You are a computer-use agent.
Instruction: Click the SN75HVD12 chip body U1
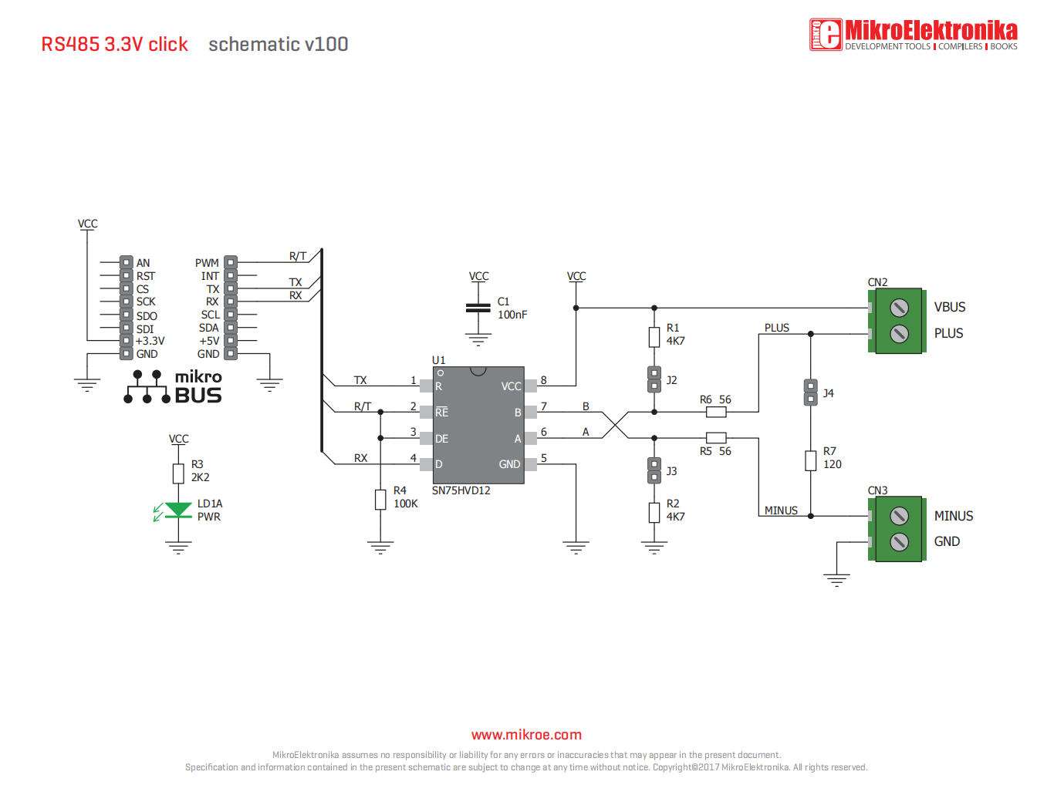(478, 425)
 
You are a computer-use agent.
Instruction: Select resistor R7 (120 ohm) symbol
(810, 460)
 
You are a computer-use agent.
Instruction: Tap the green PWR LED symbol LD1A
(178, 510)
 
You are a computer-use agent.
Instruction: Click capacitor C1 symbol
(478, 308)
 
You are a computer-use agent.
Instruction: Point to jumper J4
(810, 392)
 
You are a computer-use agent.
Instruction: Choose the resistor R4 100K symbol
(380, 499)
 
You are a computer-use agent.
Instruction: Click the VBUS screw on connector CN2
(899, 308)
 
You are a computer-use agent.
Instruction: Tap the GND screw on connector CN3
(899, 542)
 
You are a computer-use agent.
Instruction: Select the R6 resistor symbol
(716, 412)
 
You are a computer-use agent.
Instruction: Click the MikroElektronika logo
(914, 35)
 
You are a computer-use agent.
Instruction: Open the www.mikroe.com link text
(526, 735)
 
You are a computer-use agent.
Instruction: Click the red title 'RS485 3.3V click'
(114, 45)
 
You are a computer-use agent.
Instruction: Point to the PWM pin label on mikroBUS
(207, 263)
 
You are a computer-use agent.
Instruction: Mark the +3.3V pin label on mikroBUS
(150, 341)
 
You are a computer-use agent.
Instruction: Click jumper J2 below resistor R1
(654, 379)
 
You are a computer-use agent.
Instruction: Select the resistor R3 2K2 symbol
(178, 473)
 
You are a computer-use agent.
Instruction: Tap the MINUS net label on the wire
(781, 510)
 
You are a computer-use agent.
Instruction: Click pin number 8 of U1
(544, 380)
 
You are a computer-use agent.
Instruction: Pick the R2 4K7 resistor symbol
(654, 512)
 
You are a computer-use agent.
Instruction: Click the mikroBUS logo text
(198, 387)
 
